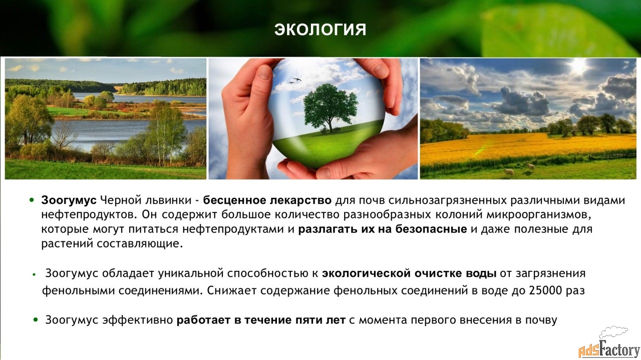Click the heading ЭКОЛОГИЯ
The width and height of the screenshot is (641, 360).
(320, 30)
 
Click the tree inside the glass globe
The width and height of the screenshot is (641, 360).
(331, 107)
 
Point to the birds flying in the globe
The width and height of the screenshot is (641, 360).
(295, 81)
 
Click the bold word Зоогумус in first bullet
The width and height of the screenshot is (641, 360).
(69, 200)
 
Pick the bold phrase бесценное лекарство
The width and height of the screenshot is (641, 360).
(267, 200)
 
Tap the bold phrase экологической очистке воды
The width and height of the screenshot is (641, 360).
(409, 273)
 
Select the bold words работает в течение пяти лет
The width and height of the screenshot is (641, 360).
(261, 320)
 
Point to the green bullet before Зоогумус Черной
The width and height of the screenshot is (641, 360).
(32, 200)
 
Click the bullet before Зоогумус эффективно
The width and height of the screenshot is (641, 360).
(36, 319)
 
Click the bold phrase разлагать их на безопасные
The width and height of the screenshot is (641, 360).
(383, 229)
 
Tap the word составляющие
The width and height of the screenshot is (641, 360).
(139, 244)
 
